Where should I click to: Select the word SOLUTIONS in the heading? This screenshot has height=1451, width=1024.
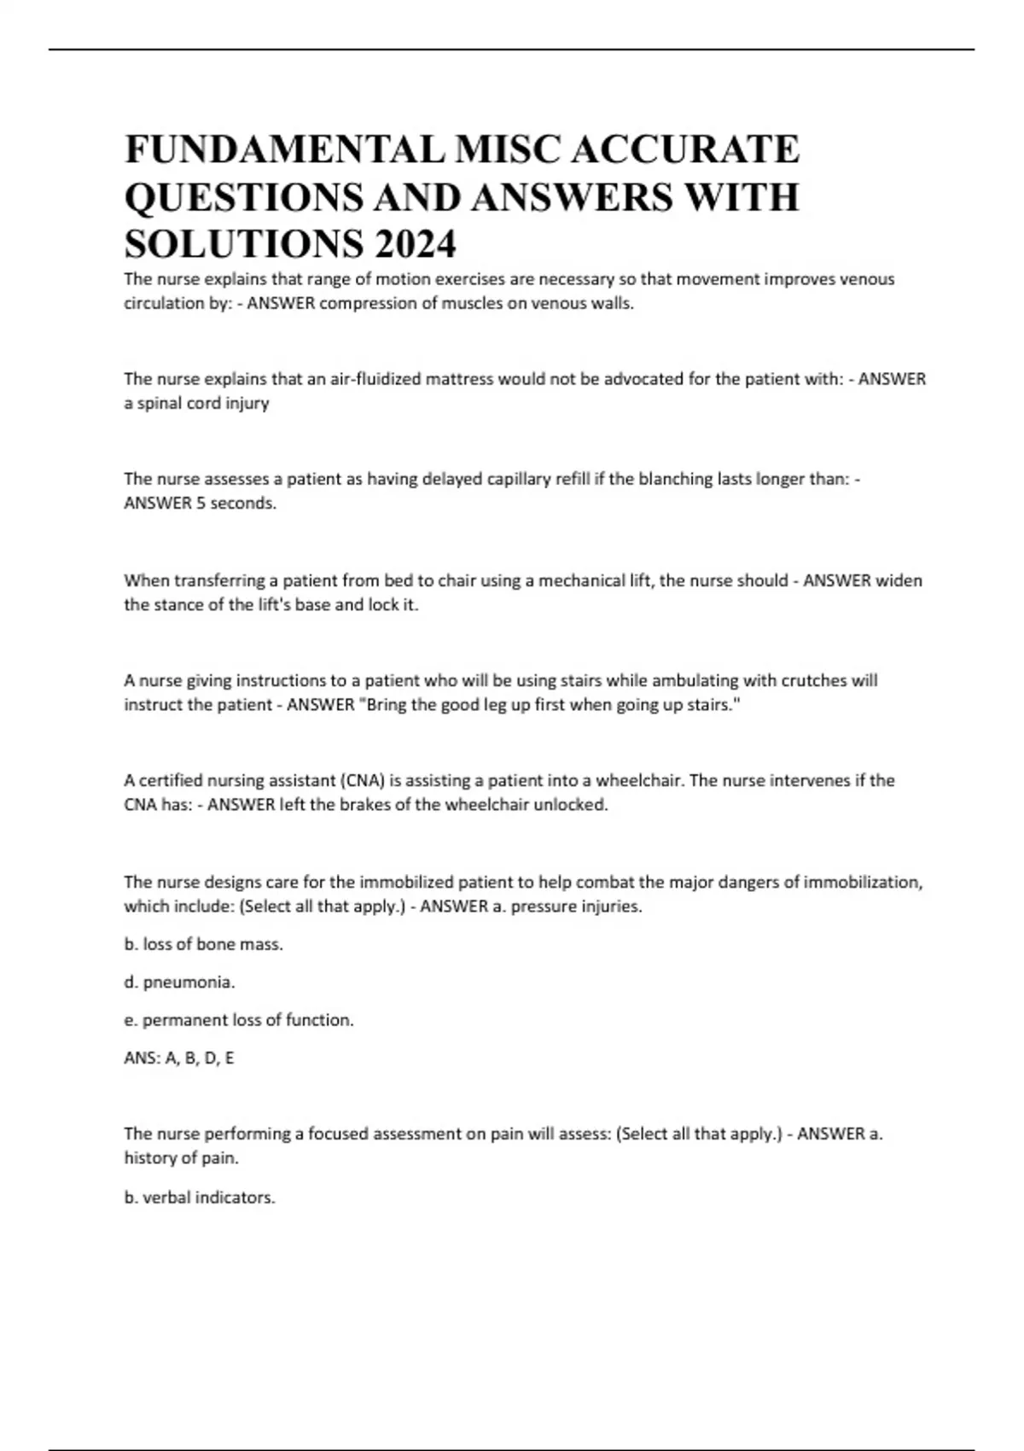coord(242,245)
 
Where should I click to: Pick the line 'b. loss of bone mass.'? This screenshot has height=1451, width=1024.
coord(203,944)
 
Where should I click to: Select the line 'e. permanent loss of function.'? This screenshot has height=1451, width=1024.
coord(239,1020)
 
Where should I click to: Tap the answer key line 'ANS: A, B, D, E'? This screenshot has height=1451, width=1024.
coord(179,1058)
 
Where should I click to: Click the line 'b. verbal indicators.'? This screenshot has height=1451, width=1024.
coord(200,1198)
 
